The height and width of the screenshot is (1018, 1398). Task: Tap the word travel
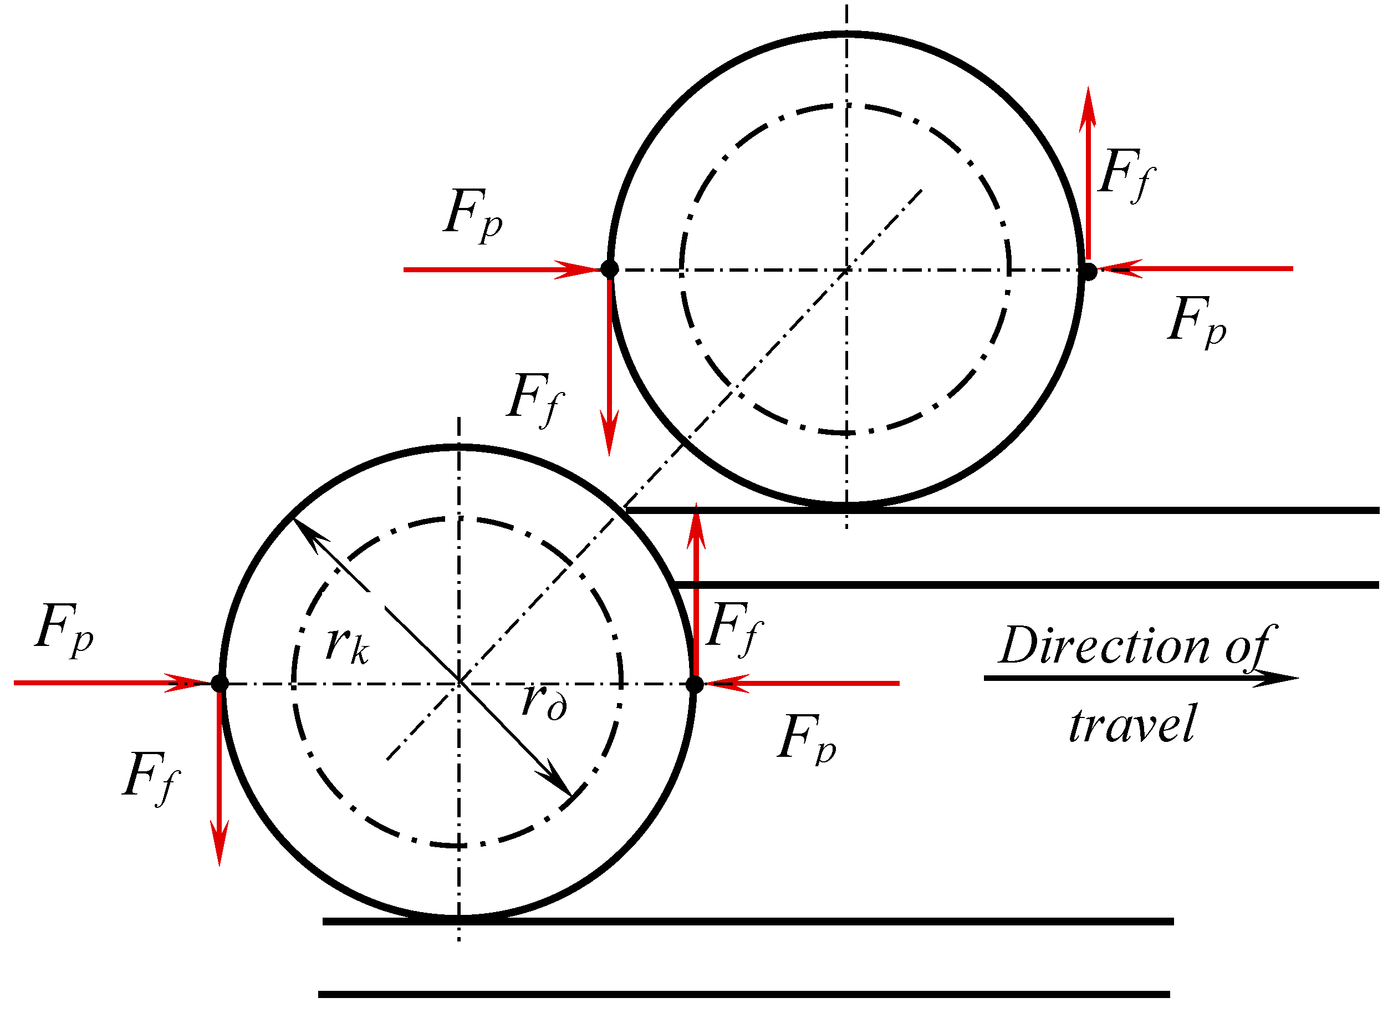(x=1132, y=725)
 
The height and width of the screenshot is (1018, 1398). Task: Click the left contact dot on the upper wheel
(x=610, y=269)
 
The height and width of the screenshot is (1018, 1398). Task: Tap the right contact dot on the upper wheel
(x=1089, y=271)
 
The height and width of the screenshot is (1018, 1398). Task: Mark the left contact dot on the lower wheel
(x=220, y=683)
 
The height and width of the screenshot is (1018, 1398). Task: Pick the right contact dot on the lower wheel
(x=694, y=684)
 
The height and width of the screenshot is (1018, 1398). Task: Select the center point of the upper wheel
(x=847, y=269)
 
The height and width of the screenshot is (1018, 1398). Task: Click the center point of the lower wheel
(x=458, y=683)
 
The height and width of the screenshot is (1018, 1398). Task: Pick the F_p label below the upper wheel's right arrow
(x=1196, y=320)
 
